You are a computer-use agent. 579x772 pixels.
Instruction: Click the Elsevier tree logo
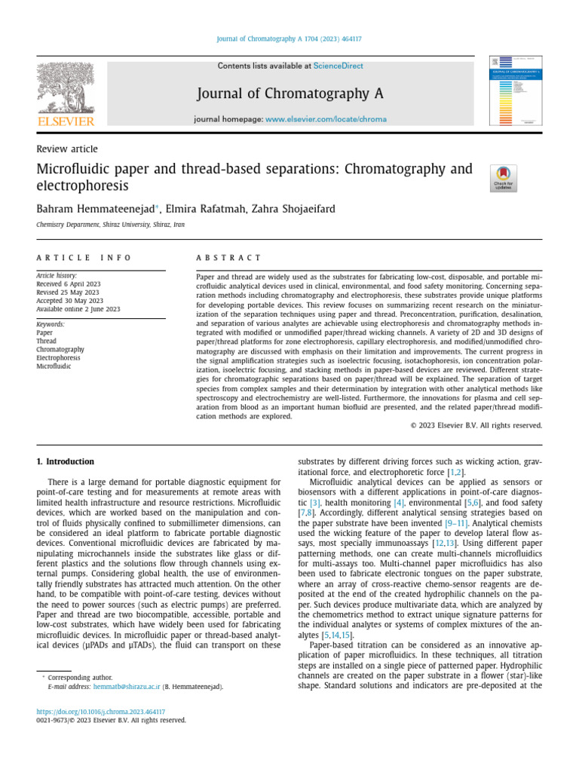tap(66, 90)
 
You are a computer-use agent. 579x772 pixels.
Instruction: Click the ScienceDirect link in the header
tap(338, 66)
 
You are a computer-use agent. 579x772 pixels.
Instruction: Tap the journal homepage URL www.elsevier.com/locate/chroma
tap(326, 119)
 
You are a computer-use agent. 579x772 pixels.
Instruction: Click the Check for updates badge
tap(503, 179)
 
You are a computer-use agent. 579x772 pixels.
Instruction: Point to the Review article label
tap(67, 149)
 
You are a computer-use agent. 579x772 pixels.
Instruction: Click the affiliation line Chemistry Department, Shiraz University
tap(110, 225)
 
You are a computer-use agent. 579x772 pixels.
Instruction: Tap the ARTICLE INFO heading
tap(84, 258)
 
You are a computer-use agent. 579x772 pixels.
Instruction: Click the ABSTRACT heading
tap(228, 258)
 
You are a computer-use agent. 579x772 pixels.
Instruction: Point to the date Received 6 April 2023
tap(69, 284)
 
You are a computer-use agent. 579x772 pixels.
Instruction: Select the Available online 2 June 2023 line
tap(78, 309)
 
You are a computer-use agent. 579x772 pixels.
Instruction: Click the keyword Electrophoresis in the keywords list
tap(60, 358)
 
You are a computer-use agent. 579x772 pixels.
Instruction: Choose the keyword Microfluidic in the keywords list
tap(54, 366)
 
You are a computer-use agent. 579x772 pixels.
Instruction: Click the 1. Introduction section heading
tap(66, 461)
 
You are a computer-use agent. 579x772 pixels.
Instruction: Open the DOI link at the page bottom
tap(101, 711)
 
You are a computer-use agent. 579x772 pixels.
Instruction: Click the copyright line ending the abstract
tap(476, 425)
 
